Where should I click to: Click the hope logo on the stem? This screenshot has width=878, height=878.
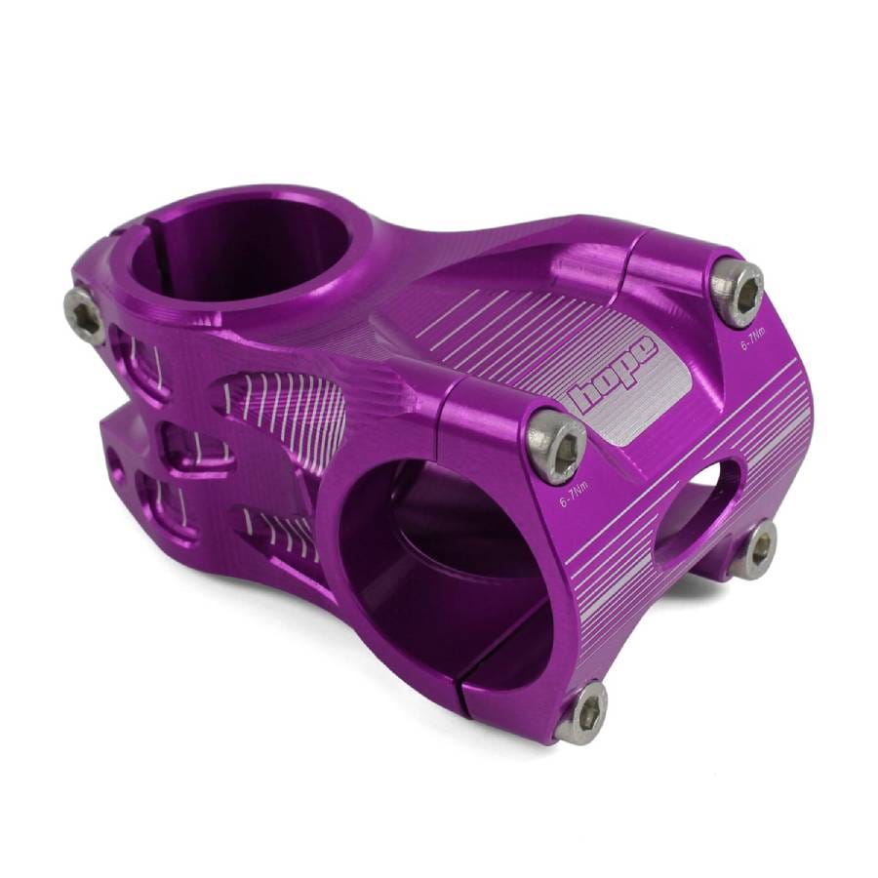click(612, 373)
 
